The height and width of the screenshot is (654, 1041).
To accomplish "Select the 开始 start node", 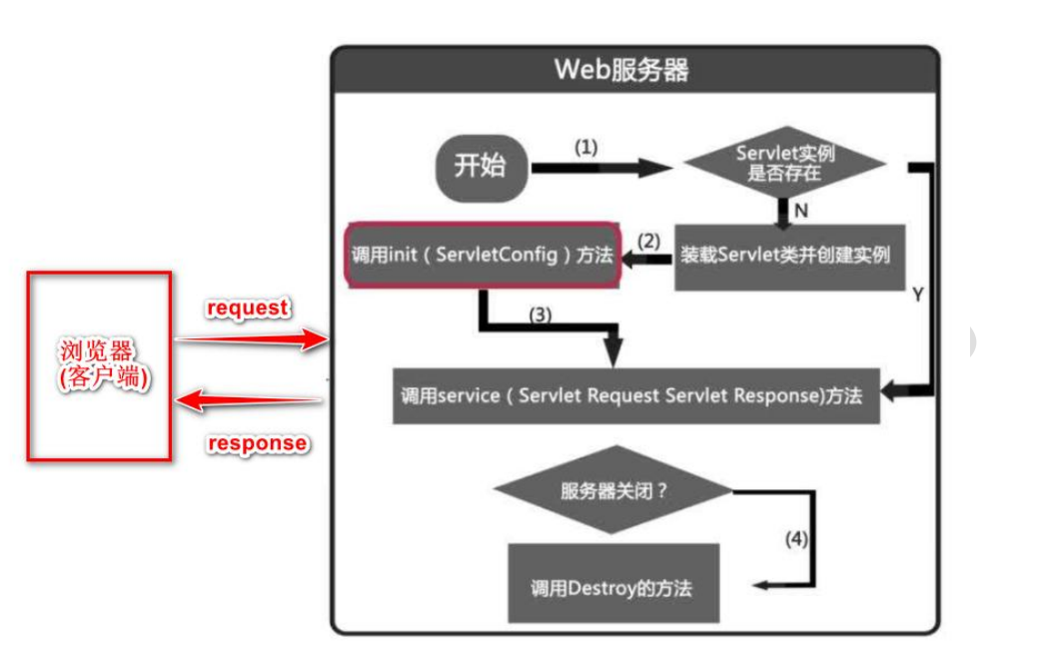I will pos(481,167).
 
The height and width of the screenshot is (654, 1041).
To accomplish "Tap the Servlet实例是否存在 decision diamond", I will pos(785,163).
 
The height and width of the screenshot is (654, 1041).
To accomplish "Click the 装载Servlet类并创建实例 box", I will pos(784,255).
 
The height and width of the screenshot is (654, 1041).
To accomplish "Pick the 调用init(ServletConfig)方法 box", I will pos(482,255).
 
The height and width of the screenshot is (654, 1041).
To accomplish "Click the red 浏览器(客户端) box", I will pos(98,365).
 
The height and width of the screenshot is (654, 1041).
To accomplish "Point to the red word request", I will pos(247,309).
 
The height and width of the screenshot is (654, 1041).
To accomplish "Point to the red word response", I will pos(257,442).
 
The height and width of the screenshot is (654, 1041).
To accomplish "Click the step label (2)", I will pos(649,241).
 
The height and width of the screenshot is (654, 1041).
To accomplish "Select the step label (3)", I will pos(539,314).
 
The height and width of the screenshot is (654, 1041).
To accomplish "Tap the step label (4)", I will pos(795,539).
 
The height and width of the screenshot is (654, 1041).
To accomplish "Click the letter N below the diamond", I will pos(800,211).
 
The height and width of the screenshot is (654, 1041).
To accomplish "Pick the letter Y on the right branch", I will pos(917,296).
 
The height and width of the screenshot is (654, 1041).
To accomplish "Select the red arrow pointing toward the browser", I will pos(250,401).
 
